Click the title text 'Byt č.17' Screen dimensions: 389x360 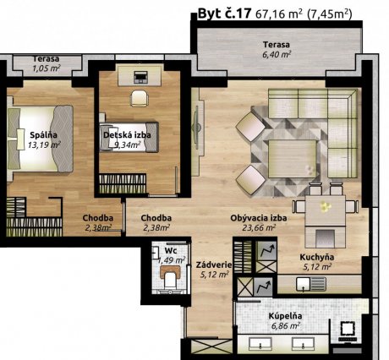[224, 14]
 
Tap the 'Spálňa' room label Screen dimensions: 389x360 [43, 135]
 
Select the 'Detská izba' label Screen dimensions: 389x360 [127, 135]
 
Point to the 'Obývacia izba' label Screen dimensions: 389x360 [259, 218]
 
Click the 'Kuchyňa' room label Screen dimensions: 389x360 [317, 257]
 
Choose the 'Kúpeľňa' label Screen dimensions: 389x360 [285, 316]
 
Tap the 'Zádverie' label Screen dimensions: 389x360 [214, 265]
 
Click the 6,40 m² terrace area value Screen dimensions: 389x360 [277, 54]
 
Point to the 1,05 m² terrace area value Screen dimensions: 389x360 [47, 68]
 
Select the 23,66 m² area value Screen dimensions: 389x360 [259, 227]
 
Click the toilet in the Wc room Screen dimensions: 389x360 [170, 276]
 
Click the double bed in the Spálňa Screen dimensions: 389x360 [40, 139]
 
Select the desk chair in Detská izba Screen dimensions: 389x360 [140, 98]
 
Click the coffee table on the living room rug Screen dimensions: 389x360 [292, 159]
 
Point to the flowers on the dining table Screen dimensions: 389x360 [326, 207]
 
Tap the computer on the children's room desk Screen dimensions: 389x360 [140, 77]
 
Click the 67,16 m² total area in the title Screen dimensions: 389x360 [279, 14]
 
